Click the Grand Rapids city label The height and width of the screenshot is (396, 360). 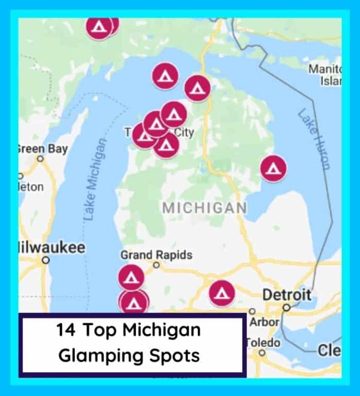(x=156, y=255)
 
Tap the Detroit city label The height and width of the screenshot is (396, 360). (x=287, y=295)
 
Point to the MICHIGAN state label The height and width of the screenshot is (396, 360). (x=204, y=208)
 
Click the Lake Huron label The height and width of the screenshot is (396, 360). (x=313, y=139)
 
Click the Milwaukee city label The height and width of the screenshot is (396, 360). (x=52, y=247)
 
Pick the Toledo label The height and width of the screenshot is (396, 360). (x=263, y=342)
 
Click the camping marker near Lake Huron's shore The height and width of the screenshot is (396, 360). (x=273, y=168)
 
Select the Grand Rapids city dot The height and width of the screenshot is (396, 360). (x=157, y=265)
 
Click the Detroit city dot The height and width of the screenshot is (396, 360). (x=286, y=307)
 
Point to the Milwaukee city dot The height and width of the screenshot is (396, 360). (x=46, y=260)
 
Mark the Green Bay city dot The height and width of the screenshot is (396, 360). (x=40, y=159)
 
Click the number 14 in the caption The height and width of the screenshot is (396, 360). (x=69, y=330)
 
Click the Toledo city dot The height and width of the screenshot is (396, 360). (x=262, y=353)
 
